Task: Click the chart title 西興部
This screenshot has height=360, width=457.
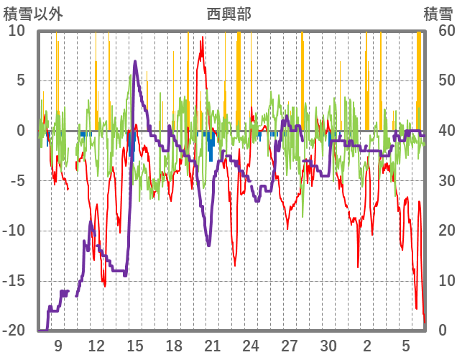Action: point(228,13)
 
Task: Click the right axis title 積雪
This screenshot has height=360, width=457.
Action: point(437,13)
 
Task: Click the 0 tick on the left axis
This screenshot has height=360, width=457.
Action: point(21,131)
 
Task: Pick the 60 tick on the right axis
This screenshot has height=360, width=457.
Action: point(439,31)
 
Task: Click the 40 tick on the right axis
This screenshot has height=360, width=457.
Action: point(439,131)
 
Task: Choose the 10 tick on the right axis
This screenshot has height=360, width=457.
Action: point(439,281)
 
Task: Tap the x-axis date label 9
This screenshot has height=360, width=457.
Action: point(57,346)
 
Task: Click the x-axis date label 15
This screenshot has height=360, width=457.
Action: point(135,346)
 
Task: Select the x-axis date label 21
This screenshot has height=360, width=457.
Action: point(212,346)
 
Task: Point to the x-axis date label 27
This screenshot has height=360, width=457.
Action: point(290,346)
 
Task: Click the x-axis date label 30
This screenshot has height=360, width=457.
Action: point(328,346)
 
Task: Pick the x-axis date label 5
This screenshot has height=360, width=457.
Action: point(406,346)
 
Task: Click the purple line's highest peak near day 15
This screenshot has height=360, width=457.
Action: point(135,62)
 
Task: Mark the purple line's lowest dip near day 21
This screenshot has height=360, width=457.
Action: point(208,246)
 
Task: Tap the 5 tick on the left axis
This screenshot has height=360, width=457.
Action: point(21,80)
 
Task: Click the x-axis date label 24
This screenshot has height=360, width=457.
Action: point(251,346)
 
